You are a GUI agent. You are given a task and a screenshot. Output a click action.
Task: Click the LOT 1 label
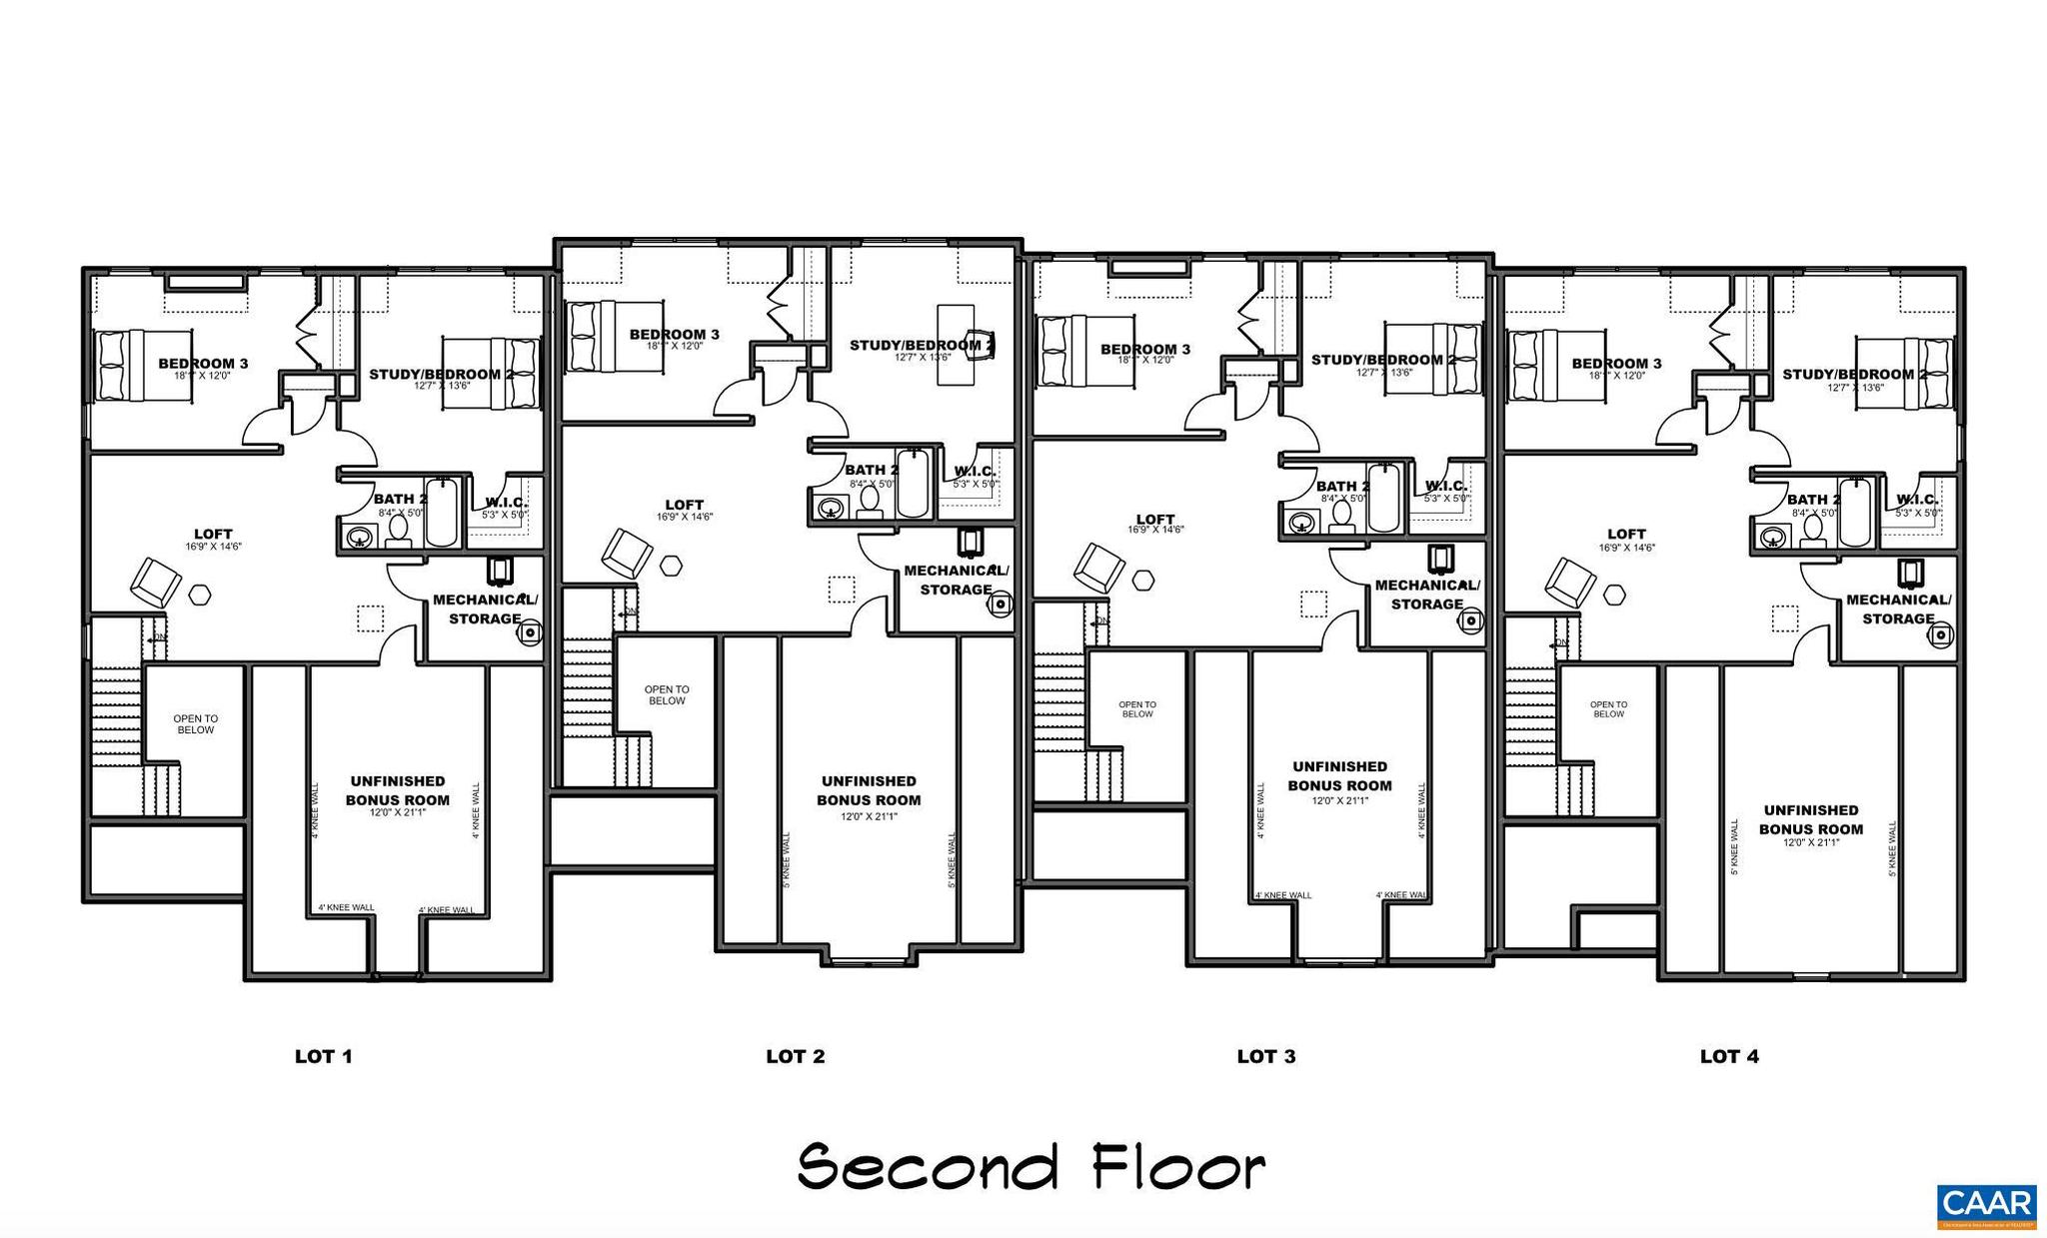point(323,1056)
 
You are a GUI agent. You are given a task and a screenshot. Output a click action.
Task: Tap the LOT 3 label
point(1265,1056)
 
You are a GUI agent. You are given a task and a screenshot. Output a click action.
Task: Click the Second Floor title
point(1030,1166)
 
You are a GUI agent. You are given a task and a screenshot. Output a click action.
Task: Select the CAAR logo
point(1986,1205)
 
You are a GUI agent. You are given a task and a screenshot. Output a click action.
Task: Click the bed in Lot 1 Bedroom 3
point(143,366)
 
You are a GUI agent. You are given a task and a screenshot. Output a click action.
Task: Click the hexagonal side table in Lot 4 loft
point(1614,595)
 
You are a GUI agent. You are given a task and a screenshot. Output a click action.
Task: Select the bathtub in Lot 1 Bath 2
point(441,513)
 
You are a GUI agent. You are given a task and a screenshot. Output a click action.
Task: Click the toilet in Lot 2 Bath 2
point(869,500)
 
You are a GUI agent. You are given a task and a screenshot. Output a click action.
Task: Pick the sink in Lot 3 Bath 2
point(1301,522)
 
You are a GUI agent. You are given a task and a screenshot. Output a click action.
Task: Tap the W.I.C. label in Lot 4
point(1916,500)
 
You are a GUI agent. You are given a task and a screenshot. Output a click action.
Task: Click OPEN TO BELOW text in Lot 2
point(666,695)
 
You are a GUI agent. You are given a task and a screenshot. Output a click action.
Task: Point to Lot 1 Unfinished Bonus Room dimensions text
point(397,813)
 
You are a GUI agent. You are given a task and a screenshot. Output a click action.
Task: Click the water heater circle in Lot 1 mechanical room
point(531,631)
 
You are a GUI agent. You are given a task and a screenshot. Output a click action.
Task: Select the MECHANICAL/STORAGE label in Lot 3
point(1426,595)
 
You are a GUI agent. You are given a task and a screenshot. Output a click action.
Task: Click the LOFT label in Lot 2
point(684,505)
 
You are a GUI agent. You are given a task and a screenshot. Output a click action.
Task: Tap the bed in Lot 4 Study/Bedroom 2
point(1903,374)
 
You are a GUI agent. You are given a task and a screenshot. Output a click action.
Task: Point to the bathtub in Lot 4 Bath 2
point(1854,513)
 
